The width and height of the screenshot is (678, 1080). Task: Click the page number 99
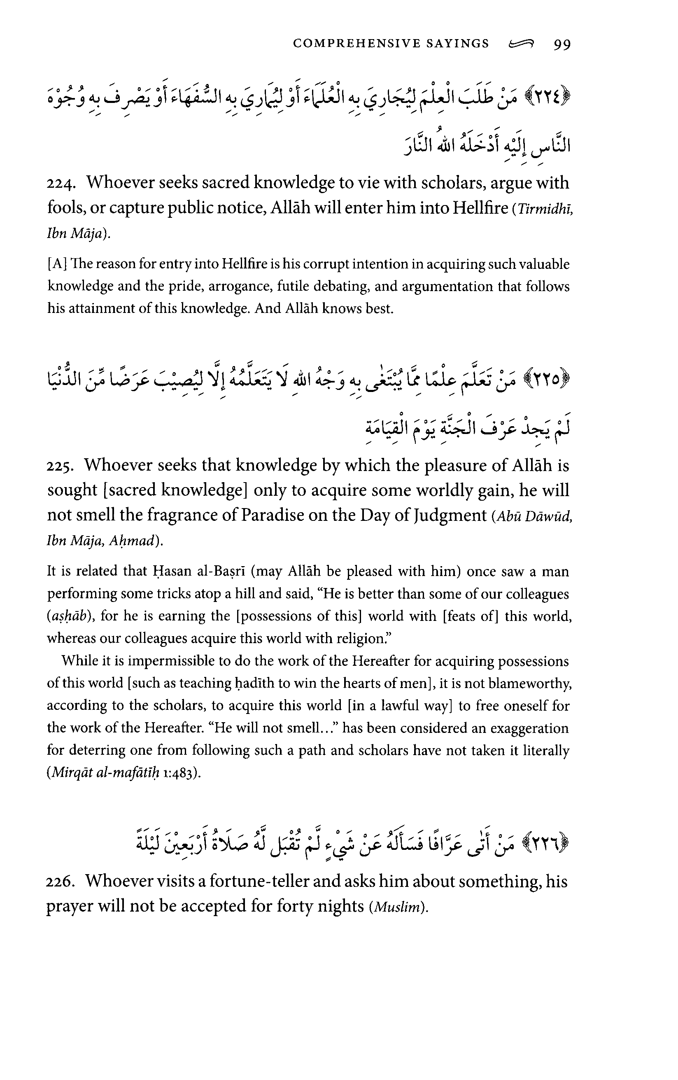pos(562,44)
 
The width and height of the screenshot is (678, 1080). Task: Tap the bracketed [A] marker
pos(55,265)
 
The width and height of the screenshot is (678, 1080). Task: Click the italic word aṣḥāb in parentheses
pos(72,617)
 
